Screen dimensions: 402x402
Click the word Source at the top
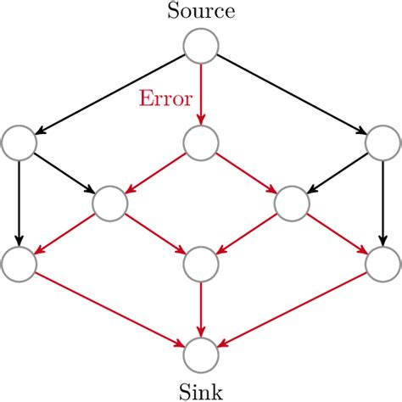[201, 12]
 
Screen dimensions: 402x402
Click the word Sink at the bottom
[201, 391]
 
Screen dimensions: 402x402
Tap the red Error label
[166, 98]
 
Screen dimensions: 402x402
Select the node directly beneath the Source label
[201, 46]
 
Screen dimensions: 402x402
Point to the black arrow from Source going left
[110, 93]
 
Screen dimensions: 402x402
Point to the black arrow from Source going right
[292, 93]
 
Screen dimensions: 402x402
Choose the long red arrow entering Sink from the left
[110, 309]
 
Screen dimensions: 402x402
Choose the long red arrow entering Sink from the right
[292, 309]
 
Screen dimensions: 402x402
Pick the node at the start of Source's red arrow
[201, 46]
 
